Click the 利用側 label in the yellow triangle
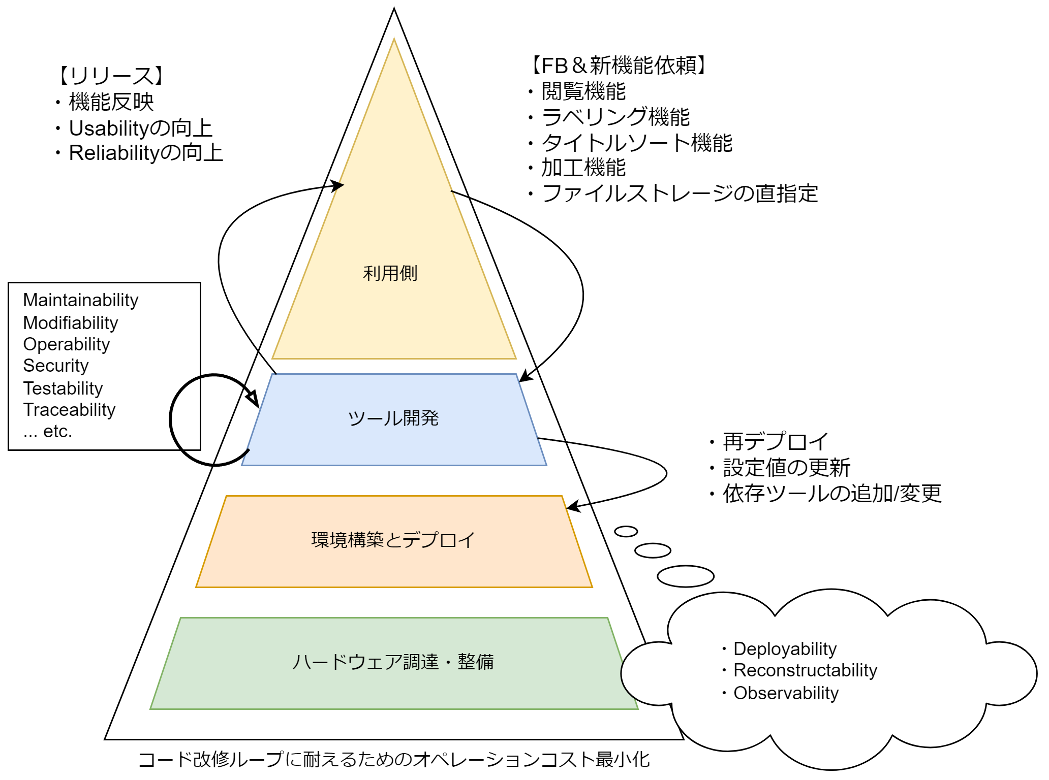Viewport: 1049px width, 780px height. pos(390,273)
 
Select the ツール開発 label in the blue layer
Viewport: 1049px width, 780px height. pos(393,418)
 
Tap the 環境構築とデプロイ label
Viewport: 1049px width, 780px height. pos(393,540)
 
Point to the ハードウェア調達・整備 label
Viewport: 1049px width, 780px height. pos(393,662)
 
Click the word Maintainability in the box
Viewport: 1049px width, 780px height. pos(81,300)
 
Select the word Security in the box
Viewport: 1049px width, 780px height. pos(56,366)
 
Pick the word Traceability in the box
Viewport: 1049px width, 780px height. pos(70,410)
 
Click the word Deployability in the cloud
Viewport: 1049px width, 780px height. pos(785,649)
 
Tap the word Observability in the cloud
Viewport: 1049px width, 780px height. pos(786,693)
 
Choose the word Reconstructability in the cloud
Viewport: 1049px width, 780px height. pos(805,670)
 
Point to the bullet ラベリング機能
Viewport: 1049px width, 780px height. pos(615,117)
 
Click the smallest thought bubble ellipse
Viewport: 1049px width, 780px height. pos(626,532)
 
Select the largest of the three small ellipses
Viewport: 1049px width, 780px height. pos(685,576)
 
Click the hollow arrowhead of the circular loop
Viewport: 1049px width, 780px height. pos(253,398)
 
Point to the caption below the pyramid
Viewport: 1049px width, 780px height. pos(394,760)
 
